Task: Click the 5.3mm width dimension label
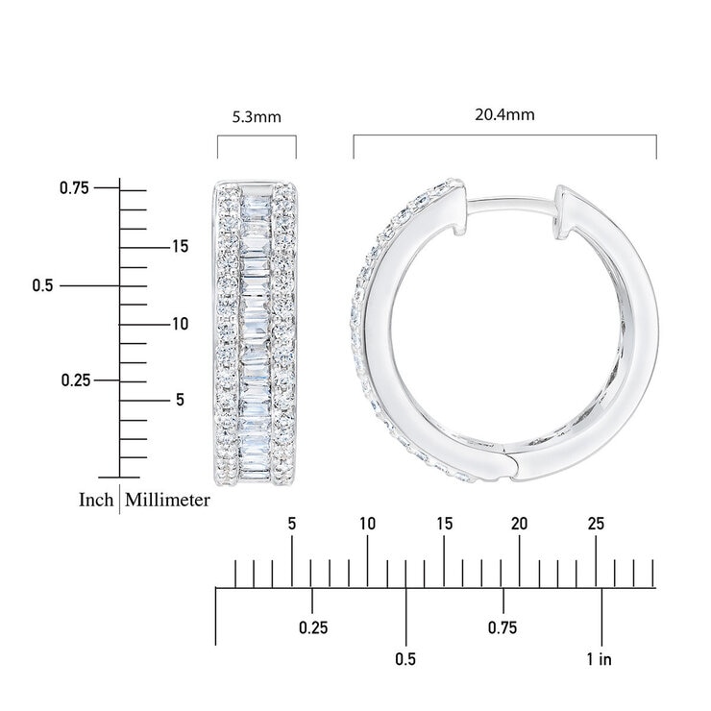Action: tap(257, 117)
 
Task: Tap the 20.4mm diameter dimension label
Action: tap(504, 114)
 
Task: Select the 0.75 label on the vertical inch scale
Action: tap(74, 187)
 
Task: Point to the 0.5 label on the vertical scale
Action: tap(42, 285)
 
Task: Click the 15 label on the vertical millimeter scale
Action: tap(180, 246)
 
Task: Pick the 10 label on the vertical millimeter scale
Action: tap(180, 324)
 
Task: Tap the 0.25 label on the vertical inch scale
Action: tap(76, 380)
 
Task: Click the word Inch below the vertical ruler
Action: tap(96, 500)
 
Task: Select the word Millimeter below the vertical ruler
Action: tap(167, 501)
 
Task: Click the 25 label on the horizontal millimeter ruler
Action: tap(596, 524)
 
